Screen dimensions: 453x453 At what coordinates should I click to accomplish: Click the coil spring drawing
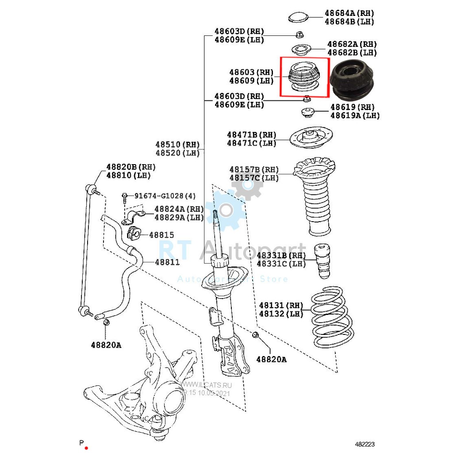click(332, 318)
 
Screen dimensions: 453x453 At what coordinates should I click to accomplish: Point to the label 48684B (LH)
click(349, 22)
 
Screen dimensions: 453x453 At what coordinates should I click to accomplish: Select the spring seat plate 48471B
click(311, 138)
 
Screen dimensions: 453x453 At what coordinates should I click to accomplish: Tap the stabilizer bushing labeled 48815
click(134, 234)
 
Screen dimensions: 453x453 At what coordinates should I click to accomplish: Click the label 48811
click(167, 262)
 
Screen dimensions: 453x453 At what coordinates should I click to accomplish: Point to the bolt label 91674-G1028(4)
click(165, 196)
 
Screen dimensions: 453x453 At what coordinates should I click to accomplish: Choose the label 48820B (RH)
click(131, 167)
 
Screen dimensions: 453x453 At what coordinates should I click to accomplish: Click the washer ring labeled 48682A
click(302, 50)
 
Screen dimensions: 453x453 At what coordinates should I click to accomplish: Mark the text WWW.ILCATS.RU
click(206, 385)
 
